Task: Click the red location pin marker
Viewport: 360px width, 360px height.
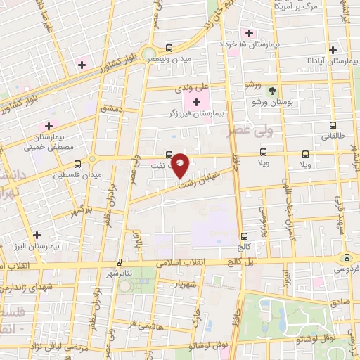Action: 181,165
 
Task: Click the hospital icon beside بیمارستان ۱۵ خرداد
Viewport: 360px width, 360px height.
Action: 247,32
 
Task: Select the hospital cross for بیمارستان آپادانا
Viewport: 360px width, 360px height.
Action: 333,50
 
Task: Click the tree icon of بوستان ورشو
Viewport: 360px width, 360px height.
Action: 273,90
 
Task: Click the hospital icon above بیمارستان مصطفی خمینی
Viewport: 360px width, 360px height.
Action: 48,125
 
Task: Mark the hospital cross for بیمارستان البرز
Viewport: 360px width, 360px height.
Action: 37,235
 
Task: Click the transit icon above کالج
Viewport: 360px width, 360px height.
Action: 244,236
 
